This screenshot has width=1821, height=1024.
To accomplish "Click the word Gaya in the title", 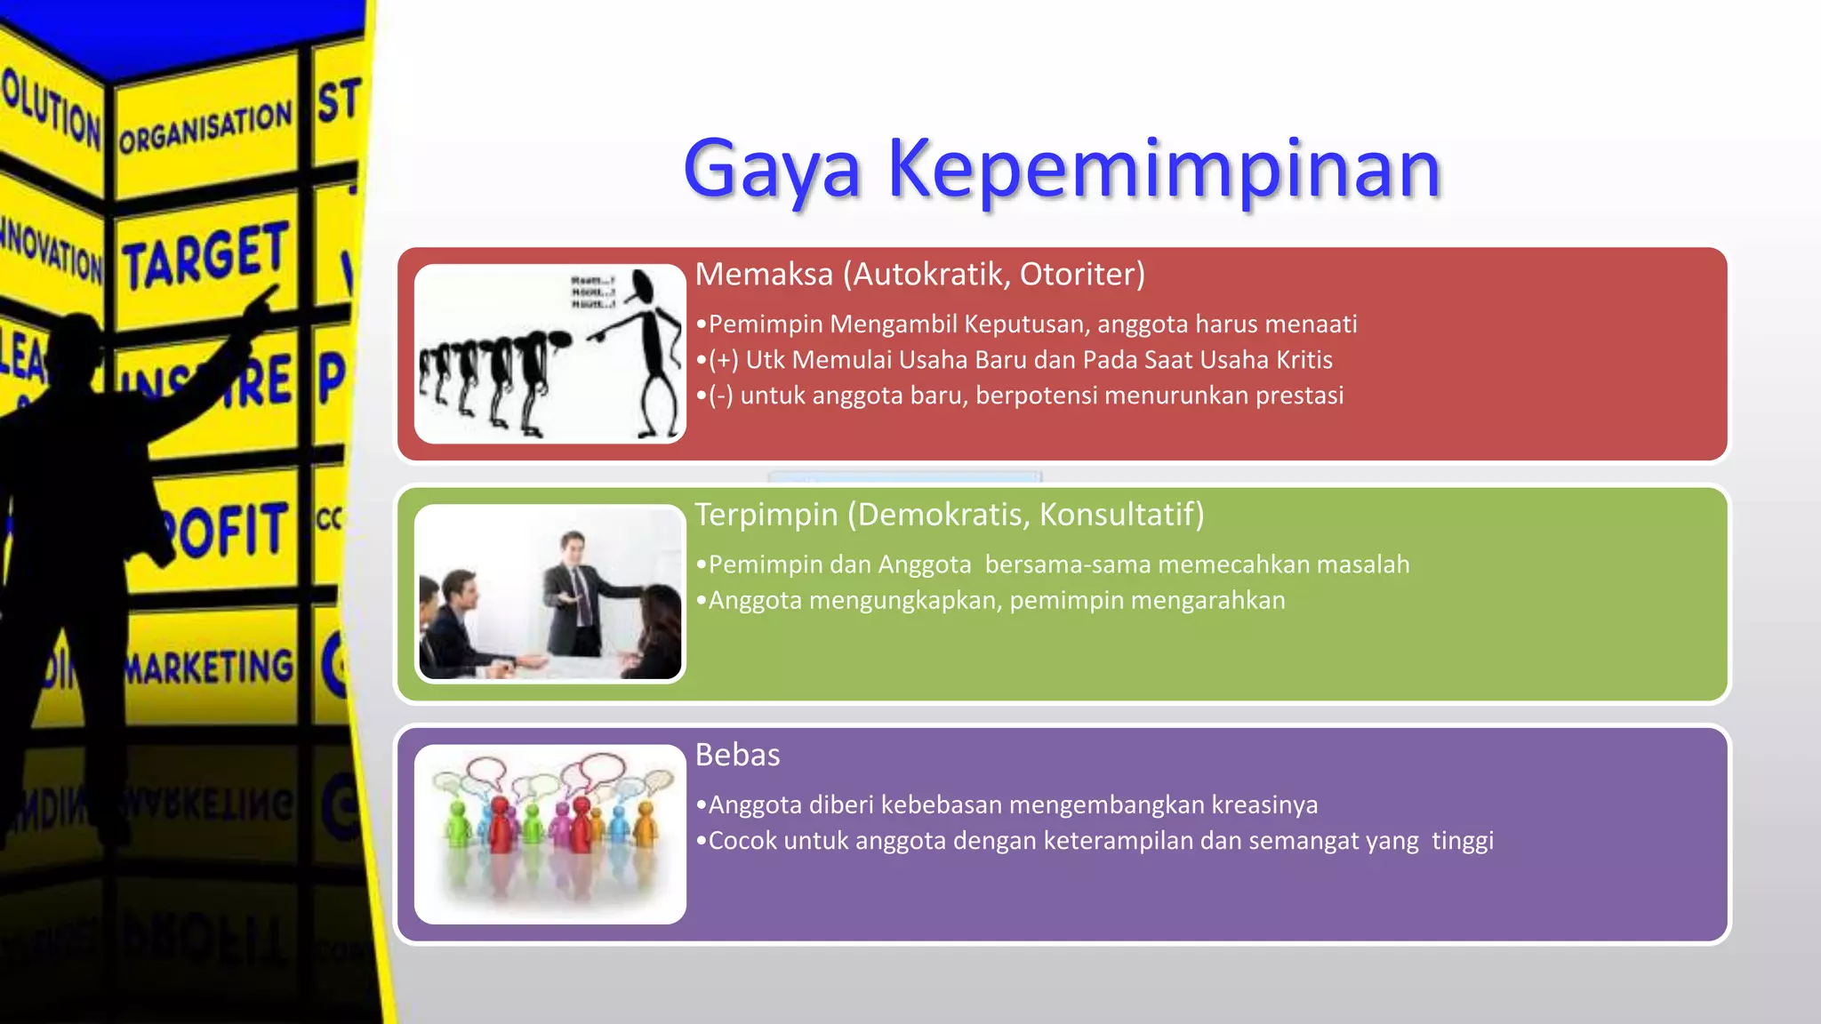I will pyautogui.click(x=772, y=171).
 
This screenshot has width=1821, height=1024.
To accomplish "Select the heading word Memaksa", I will pyautogui.click(x=763, y=275).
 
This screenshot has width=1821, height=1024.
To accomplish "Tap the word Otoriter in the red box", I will pyautogui.click(x=1081, y=275).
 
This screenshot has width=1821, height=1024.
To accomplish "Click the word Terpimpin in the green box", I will pyautogui.click(x=766, y=516).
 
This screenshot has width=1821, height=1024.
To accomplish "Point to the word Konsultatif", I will pyautogui.click(x=1121, y=516).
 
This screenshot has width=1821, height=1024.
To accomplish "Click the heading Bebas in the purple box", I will pyautogui.click(x=737, y=756).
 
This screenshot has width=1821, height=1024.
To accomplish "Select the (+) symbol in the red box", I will pyautogui.click(x=723, y=360).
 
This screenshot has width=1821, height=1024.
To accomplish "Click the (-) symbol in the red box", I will pyautogui.click(x=720, y=396).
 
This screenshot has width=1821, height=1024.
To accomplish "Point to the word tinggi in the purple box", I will pyautogui.click(x=1462, y=841).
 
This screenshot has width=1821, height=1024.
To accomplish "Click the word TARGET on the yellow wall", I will pyautogui.click(x=206, y=258).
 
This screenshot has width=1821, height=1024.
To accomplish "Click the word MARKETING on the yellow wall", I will pyautogui.click(x=210, y=667).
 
